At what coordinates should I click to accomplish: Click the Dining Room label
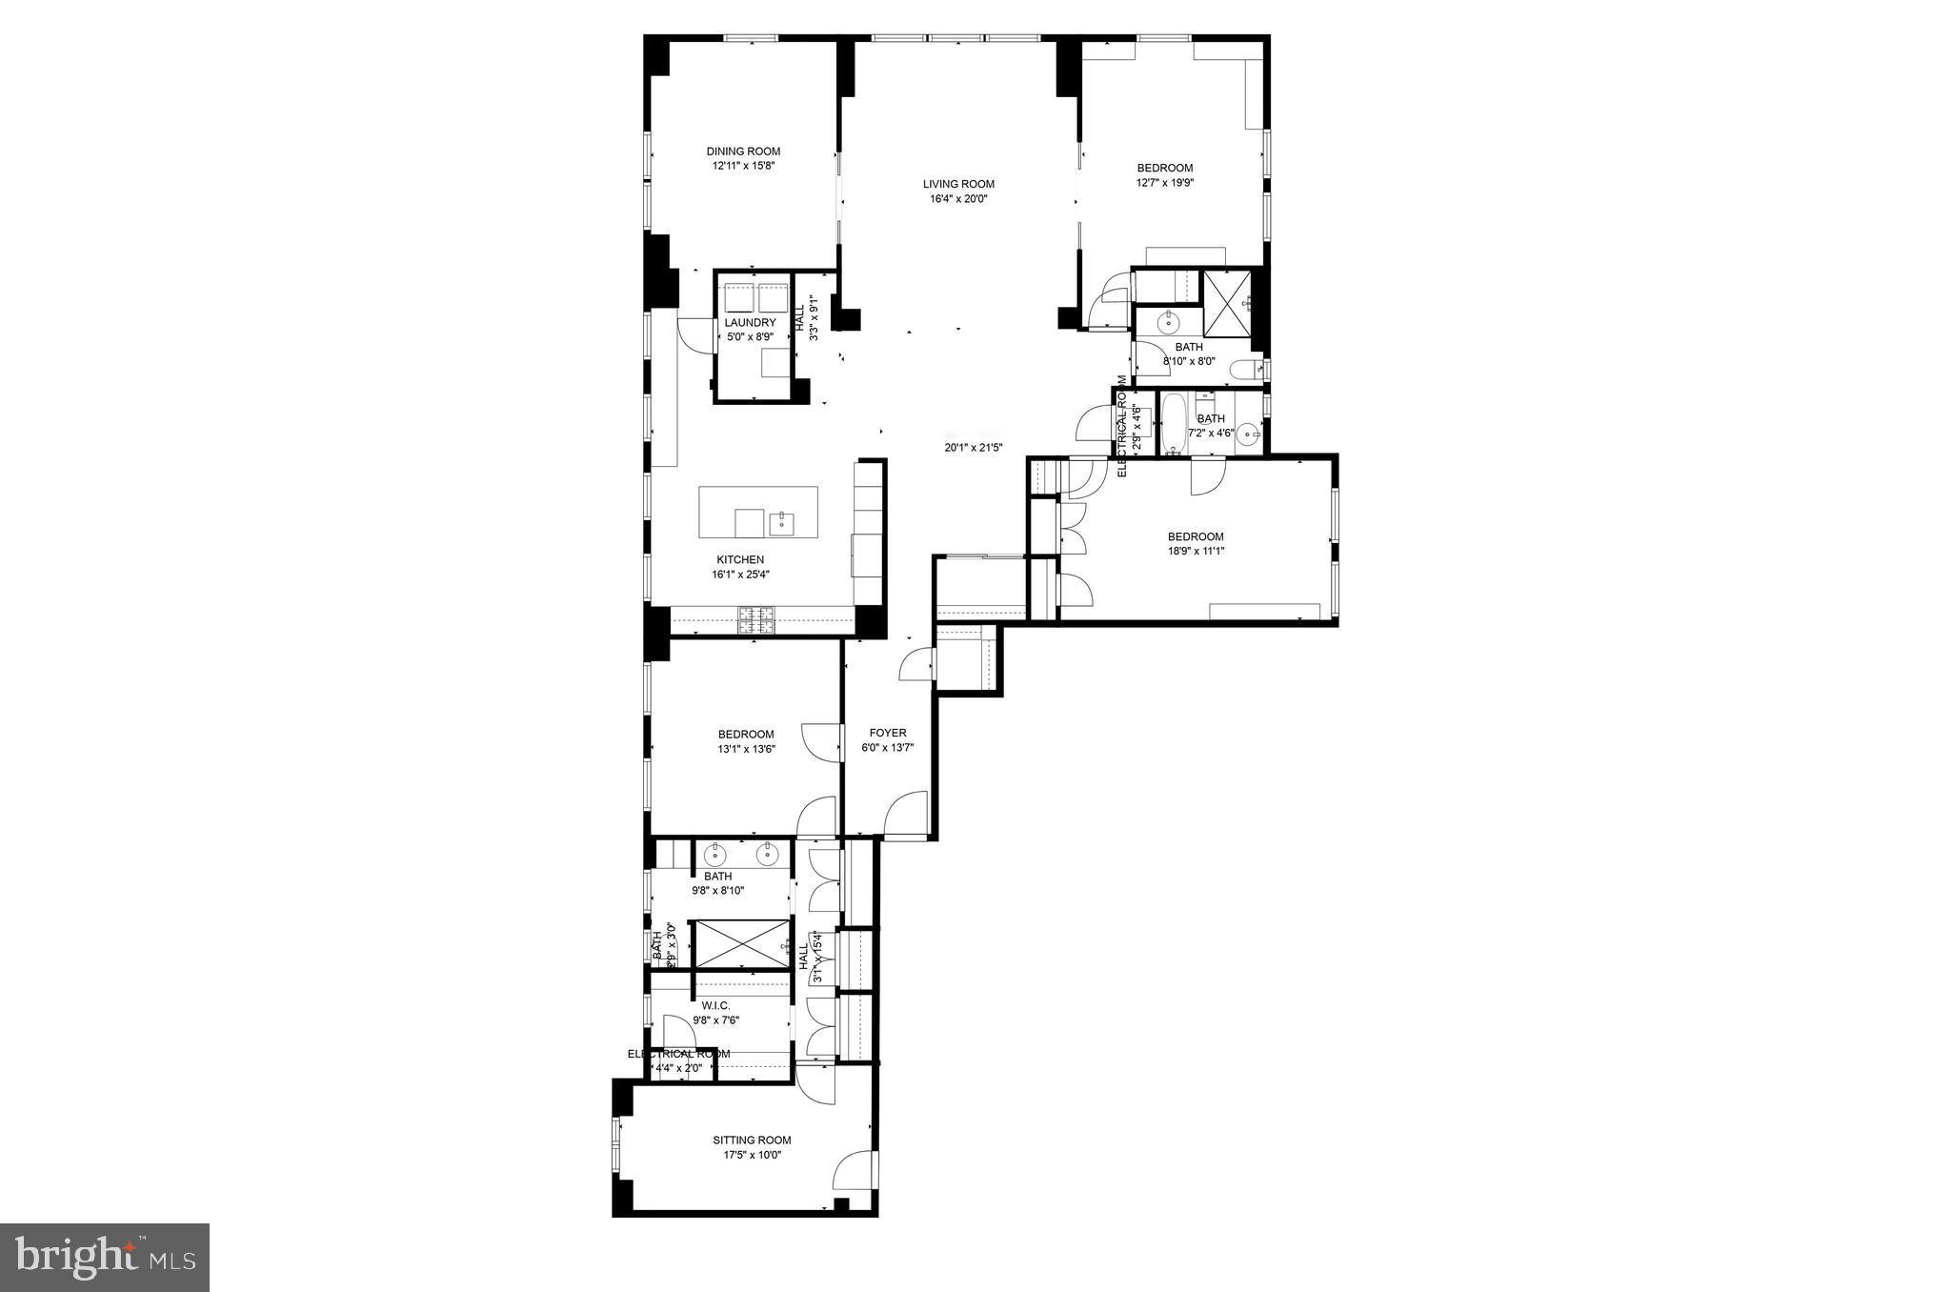pyautogui.click(x=743, y=151)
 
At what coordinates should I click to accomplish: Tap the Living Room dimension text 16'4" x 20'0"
pyautogui.click(x=958, y=199)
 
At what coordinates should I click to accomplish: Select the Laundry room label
pyautogui.click(x=750, y=323)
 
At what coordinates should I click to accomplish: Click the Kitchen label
pyautogui.click(x=740, y=560)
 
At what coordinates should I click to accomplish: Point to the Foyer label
pyautogui.click(x=887, y=733)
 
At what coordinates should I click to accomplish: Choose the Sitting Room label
pyautogui.click(x=752, y=1141)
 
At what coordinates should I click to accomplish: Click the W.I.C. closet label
pyautogui.click(x=715, y=1006)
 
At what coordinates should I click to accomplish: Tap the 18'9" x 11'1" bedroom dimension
pyautogui.click(x=1196, y=551)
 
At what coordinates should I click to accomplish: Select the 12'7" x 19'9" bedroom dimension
pyautogui.click(x=1164, y=183)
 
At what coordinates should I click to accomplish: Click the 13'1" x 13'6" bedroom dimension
pyautogui.click(x=746, y=749)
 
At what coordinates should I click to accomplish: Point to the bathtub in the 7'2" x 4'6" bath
pyautogui.click(x=1172, y=423)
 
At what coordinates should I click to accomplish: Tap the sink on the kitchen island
pyautogui.click(x=782, y=522)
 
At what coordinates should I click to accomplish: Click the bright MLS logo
pyautogui.click(x=105, y=1258)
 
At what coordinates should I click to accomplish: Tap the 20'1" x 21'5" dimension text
pyautogui.click(x=974, y=447)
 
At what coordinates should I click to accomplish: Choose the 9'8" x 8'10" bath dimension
pyautogui.click(x=717, y=891)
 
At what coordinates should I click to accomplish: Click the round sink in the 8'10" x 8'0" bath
pyautogui.click(x=1168, y=323)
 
